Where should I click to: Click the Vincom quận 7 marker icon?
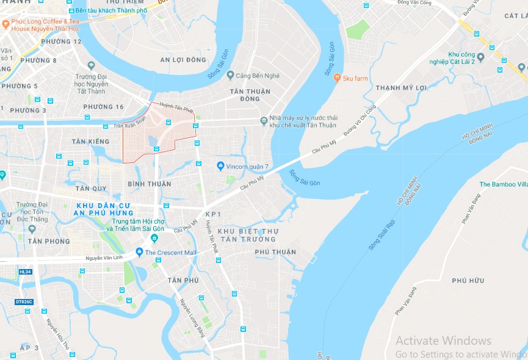220,167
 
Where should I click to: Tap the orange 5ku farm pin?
336,77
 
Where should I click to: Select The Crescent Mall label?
170,253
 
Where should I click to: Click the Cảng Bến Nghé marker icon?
230,75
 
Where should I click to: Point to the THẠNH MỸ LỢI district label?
400,88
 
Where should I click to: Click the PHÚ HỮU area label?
468,281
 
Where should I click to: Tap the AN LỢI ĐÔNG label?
183,60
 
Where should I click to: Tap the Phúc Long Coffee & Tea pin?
5,24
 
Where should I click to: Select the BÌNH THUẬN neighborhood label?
150,184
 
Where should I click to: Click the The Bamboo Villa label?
503,184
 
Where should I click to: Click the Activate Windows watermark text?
443,340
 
